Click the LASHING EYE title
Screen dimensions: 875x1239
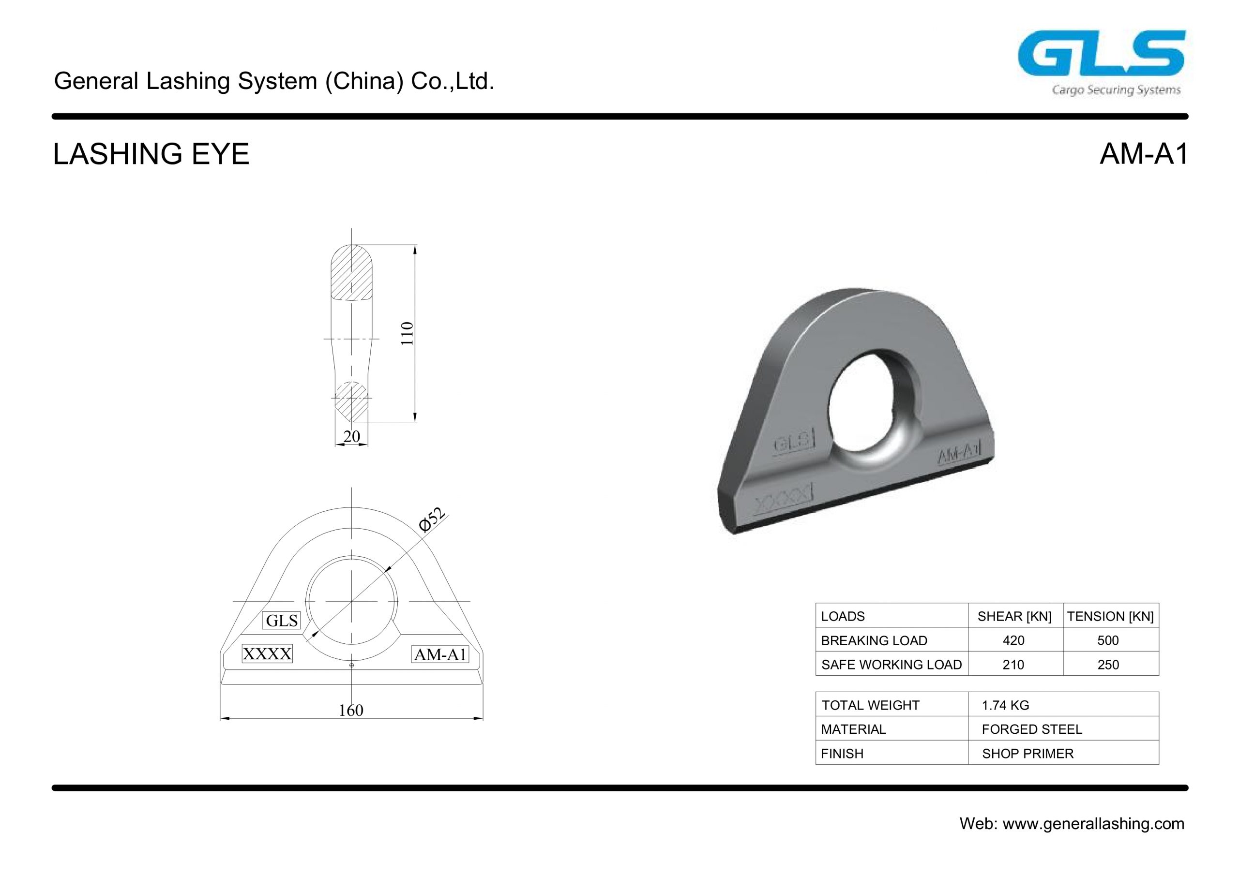(x=151, y=154)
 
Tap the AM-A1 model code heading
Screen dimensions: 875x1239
(x=1144, y=154)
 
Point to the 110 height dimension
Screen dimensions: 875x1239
(x=408, y=333)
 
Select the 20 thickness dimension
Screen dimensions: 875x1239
(x=351, y=436)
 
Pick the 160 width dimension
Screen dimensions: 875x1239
(x=351, y=711)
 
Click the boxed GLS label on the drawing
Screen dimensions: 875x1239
(x=281, y=621)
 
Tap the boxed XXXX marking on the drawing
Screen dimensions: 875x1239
(x=267, y=654)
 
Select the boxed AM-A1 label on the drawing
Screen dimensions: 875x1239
(x=440, y=655)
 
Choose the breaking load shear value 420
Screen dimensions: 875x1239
(x=1013, y=640)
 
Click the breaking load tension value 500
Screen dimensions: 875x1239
(x=1108, y=640)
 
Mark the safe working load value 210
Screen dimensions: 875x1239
(x=1013, y=665)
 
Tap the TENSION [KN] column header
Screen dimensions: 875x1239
(x=1110, y=616)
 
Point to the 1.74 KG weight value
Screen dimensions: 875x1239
(x=1005, y=705)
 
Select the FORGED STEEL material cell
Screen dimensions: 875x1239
(x=1031, y=729)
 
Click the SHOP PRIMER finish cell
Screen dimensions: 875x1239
(x=1027, y=754)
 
